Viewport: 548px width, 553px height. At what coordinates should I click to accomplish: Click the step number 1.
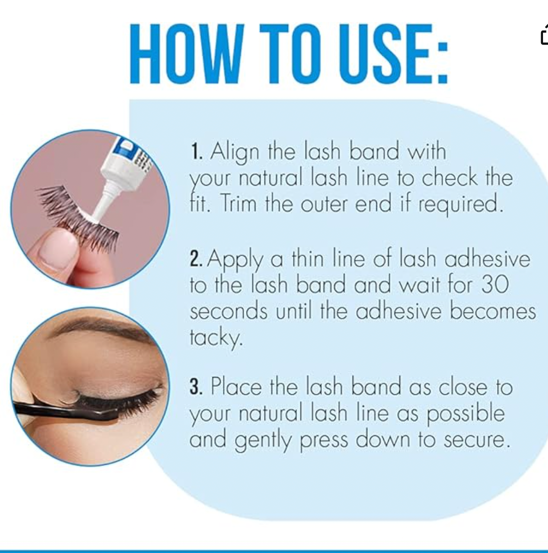(x=196, y=151)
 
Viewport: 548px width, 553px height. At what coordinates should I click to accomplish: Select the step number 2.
(x=196, y=259)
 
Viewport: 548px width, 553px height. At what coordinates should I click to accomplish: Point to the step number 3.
(x=196, y=386)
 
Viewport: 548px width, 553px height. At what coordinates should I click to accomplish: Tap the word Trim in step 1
(x=238, y=204)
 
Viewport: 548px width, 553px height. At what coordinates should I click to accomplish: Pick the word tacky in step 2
(x=216, y=338)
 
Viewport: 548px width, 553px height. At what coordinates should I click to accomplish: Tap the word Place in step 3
(x=236, y=386)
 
